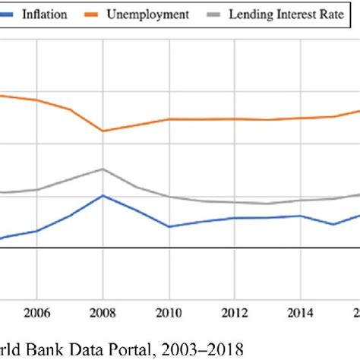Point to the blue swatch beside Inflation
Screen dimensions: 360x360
pyautogui.click(x=11, y=14)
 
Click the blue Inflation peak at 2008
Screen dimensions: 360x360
pyautogui.click(x=103, y=195)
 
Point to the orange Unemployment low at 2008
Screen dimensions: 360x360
pyautogui.click(x=103, y=131)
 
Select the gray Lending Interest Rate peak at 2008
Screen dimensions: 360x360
pyautogui.click(x=103, y=169)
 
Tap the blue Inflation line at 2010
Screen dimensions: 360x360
pyautogui.click(x=169, y=226)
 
